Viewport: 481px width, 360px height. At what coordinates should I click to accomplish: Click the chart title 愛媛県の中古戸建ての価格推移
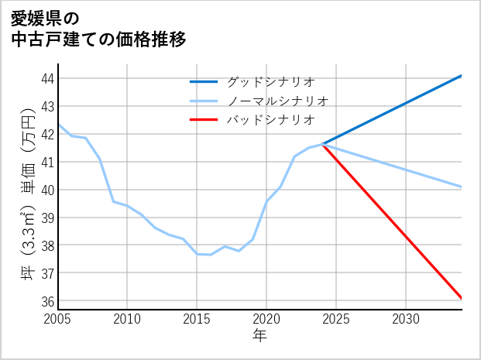pyautogui.click(x=99, y=29)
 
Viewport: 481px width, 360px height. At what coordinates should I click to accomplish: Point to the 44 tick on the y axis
pyautogui.click(x=46, y=78)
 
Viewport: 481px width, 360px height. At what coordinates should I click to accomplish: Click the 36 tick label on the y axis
pyautogui.click(x=46, y=301)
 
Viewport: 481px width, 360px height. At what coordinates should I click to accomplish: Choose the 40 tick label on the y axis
pyautogui.click(x=46, y=190)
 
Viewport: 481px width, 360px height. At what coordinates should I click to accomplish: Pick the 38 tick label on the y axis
pyautogui.click(x=46, y=245)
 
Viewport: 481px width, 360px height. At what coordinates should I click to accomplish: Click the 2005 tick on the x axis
pyautogui.click(x=58, y=319)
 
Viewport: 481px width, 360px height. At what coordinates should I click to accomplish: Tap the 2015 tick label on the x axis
pyautogui.click(x=197, y=319)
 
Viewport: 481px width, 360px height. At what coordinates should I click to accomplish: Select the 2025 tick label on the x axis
pyautogui.click(x=336, y=319)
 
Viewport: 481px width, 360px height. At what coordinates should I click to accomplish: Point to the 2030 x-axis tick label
pyautogui.click(x=406, y=319)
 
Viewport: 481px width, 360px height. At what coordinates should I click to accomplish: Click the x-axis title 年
pyautogui.click(x=259, y=335)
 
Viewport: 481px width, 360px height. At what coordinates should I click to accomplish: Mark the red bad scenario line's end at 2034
pyautogui.click(x=462, y=298)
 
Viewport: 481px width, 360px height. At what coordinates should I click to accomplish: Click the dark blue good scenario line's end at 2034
pyautogui.click(x=462, y=76)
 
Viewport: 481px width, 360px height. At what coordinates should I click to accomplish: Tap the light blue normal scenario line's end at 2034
pyautogui.click(x=462, y=187)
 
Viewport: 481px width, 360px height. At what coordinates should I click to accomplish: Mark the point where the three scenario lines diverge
pyautogui.click(x=322, y=144)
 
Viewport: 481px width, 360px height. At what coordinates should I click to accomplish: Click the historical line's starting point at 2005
pyautogui.click(x=58, y=124)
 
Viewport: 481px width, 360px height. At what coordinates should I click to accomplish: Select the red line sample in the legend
pyautogui.click(x=204, y=120)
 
